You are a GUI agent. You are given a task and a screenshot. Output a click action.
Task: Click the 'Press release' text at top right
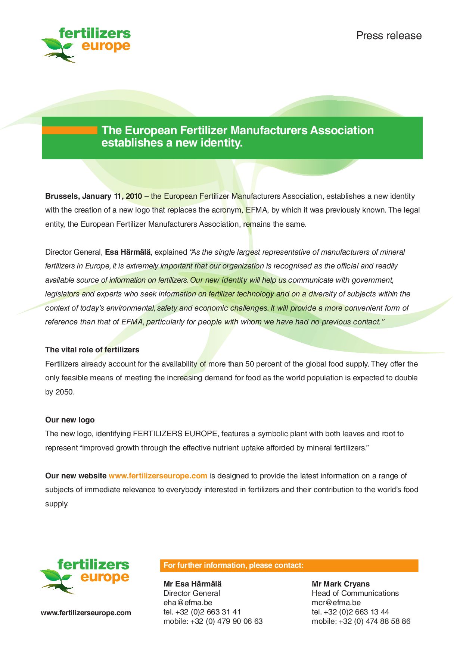pos(389,36)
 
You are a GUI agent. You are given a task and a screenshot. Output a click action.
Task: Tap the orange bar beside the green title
pos(69,130)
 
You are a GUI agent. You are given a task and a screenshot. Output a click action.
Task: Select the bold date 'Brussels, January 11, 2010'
pos(94,196)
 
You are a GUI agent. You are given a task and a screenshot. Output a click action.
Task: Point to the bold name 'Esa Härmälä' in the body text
pos(128,252)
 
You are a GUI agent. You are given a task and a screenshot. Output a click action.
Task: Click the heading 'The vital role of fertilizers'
pos(92,350)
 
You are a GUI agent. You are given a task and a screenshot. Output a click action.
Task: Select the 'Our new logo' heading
pos(70,420)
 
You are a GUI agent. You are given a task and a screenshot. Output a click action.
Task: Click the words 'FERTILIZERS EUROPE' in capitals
pos(175,434)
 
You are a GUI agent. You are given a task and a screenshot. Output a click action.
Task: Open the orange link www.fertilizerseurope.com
pos(158,476)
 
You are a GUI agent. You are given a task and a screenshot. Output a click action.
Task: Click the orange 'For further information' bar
pos(289,566)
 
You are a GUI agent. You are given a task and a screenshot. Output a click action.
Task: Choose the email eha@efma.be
pos(188,603)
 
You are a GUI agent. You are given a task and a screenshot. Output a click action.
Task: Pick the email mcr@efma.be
pos(336,603)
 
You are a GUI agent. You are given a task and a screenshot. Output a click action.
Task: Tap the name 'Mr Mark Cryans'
pos(341,584)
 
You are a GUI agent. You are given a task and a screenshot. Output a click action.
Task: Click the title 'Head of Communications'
pos(355,594)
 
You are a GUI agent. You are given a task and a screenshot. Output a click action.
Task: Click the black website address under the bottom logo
pos(86,613)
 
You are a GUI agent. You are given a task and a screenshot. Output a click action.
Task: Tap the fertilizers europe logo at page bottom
pos(84,576)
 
